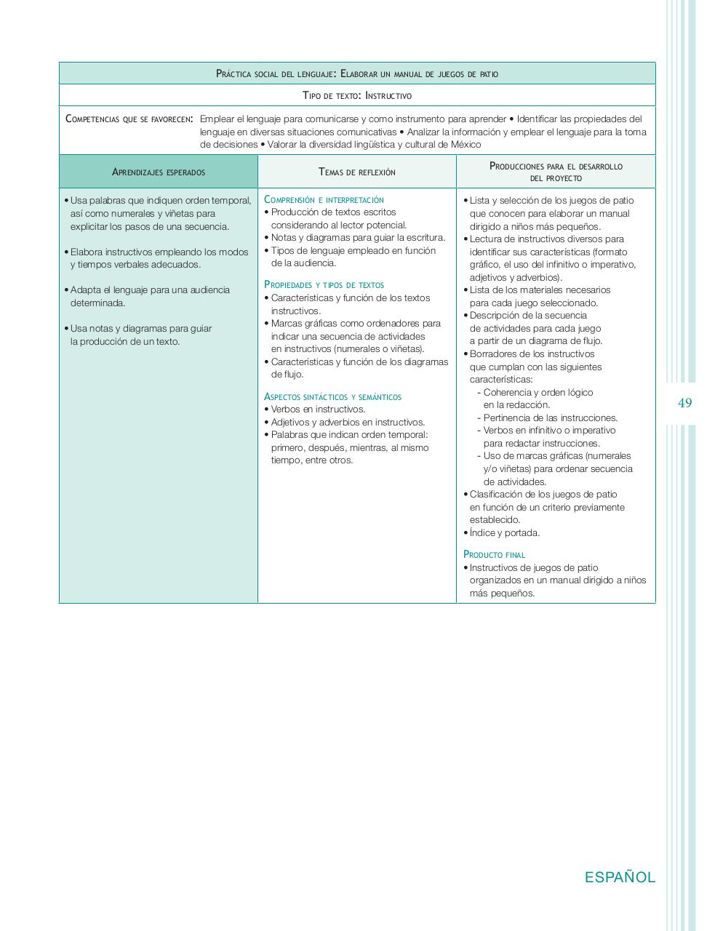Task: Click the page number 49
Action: [684, 403]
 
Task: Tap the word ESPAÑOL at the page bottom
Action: [620, 877]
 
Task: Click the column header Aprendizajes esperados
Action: [159, 172]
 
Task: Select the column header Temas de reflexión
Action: [357, 172]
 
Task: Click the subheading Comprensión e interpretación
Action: [324, 199]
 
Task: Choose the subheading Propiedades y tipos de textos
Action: [324, 285]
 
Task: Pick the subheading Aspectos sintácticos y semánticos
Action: [332, 397]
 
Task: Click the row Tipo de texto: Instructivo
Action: [357, 95]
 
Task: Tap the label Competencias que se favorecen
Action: [129, 119]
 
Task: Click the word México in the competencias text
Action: [463, 144]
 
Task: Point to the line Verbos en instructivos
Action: [318, 409]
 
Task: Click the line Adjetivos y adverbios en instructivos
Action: [348, 422]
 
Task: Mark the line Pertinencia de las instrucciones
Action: [551, 417]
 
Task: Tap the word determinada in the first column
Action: [97, 303]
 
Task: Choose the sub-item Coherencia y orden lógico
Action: [538, 392]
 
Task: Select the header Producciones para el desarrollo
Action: [556, 167]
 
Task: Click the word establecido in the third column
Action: [495, 520]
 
